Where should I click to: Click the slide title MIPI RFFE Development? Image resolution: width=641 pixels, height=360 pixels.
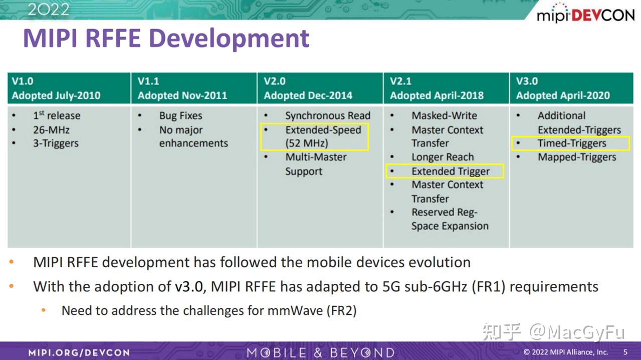click(166, 39)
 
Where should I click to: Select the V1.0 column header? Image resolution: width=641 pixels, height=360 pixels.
click(23, 81)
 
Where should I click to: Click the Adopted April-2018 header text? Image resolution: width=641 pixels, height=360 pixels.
click(437, 95)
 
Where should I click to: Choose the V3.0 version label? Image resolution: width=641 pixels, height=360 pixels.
click(527, 81)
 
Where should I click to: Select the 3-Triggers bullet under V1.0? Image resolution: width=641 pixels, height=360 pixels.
click(56, 143)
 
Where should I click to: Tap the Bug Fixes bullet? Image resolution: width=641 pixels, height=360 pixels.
click(180, 116)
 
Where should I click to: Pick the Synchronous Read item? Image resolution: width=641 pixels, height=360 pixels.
click(328, 116)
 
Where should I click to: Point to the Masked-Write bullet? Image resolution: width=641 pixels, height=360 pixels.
click(444, 116)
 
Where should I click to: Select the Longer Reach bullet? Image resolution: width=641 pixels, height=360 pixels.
click(443, 157)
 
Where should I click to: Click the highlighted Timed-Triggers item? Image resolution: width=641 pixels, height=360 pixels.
click(571, 143)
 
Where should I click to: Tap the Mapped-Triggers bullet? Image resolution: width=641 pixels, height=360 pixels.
click(577, 157)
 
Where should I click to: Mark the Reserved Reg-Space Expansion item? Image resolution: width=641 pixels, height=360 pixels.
click(450, 219)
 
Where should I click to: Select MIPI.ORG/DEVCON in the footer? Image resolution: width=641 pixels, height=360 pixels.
click(79, 352)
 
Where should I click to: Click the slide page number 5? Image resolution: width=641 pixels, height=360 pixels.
click(625, 352)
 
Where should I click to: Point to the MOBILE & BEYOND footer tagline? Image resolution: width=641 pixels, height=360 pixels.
click(320, 352)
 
